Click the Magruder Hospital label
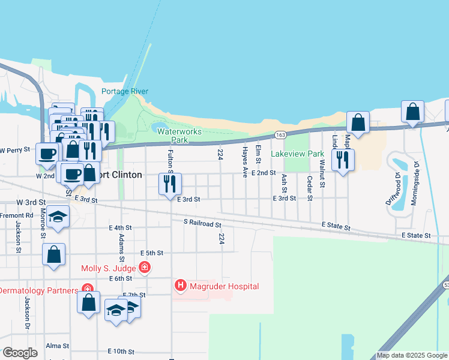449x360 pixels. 224,287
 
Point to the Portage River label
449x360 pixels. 124,91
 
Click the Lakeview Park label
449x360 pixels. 297,154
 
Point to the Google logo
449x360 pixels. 20,352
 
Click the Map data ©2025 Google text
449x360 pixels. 412,355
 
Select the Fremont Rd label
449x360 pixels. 17,215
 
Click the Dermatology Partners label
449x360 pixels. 38,290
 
